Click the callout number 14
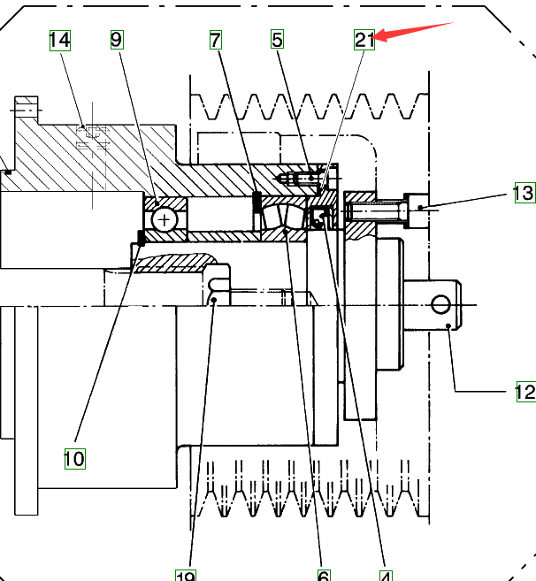[x=59, y=40]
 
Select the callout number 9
[x=118, y=40]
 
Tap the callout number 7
[x=216, y=40]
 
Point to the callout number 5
[x=278, y=40]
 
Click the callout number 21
[x=364, y=40]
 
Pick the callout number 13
[x=523, y=193]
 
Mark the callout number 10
[x=73, y=458]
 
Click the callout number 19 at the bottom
[x=185, y=575]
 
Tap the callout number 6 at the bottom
[x=324, y=575]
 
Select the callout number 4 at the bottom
[x=386, y=575]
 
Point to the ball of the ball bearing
[x=165, y=218]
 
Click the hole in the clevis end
[x=440, y=305]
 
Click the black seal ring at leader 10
[x=140, y=236]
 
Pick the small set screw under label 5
[x=301, y=179]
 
